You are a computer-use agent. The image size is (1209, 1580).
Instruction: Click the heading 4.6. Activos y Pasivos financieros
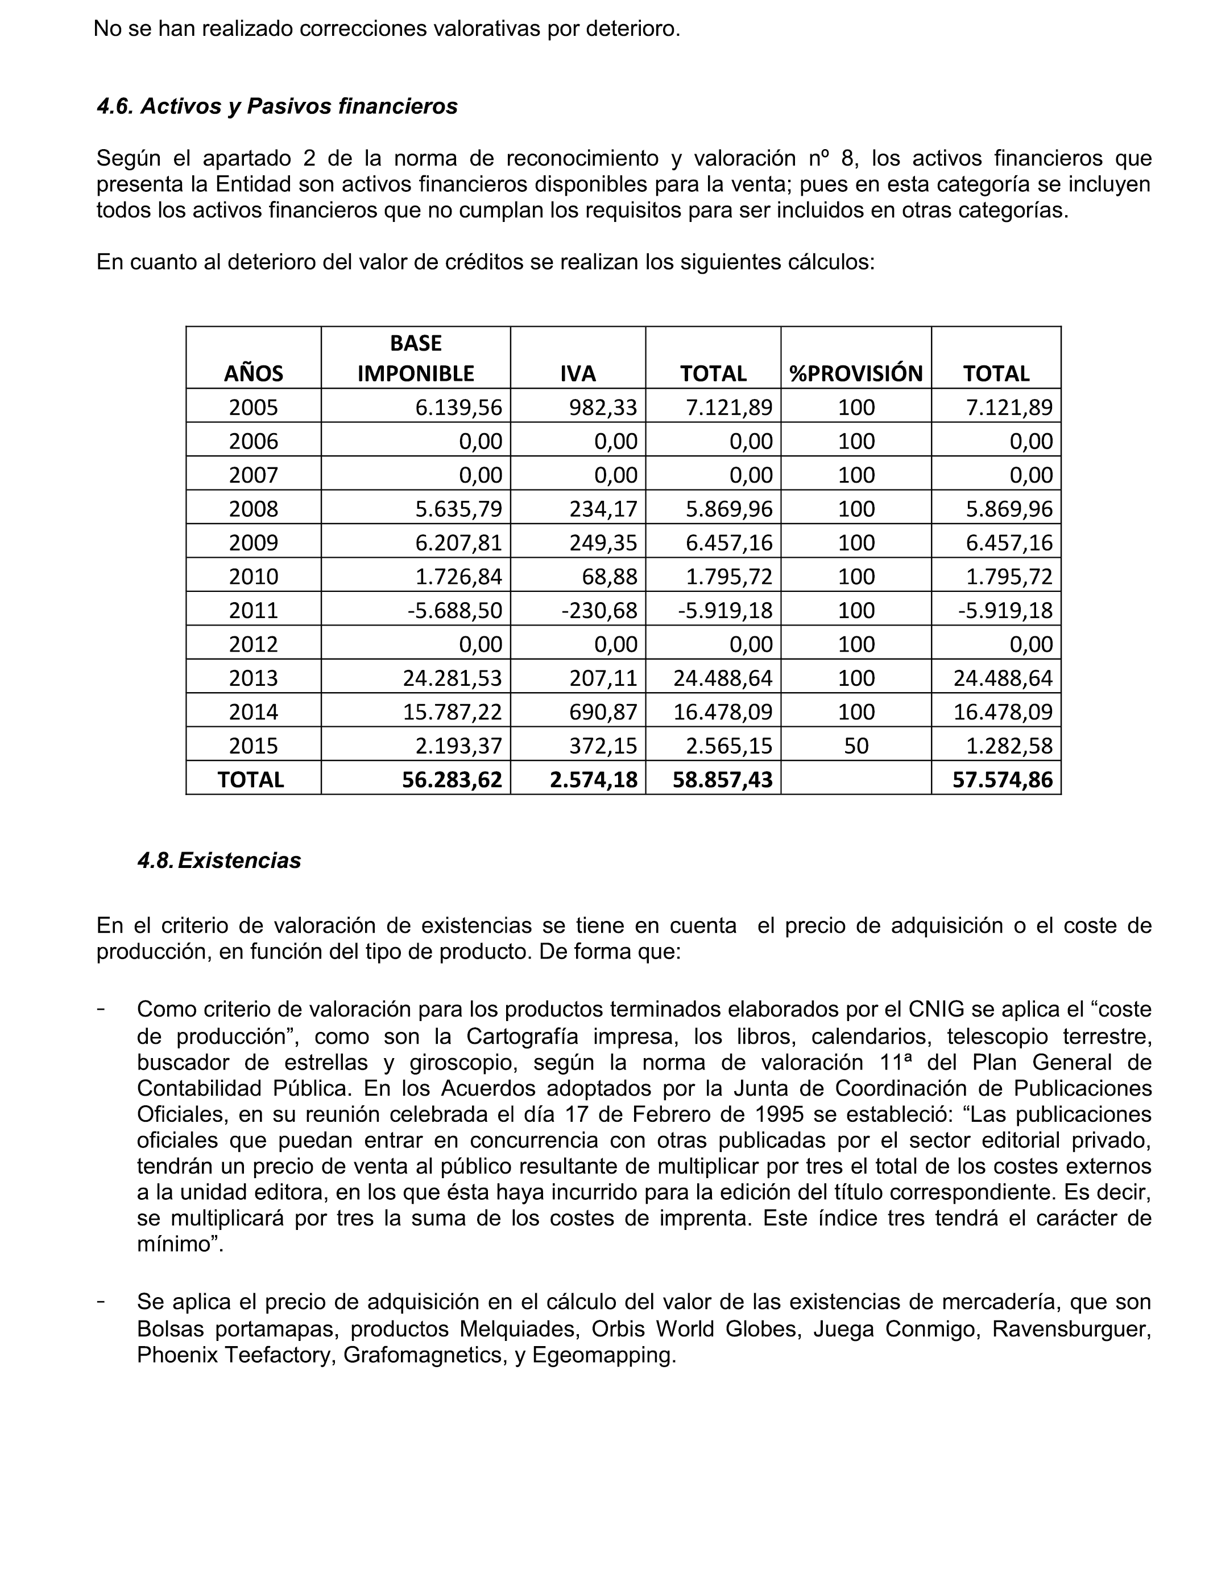pyautogui.click(x=277, y=106)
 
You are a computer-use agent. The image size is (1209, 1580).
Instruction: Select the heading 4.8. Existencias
pyautogui.click(x=220, y=861)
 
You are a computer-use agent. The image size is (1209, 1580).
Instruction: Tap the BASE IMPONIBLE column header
pyautogui.click(x=415, y=358)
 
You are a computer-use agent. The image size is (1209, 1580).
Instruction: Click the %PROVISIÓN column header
pyautogui.click(x=856, y=373)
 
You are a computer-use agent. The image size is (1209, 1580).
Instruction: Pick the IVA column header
pyautogui.click(x=578, y=373)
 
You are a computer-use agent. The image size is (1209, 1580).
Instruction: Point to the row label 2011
pyautogui.click(x=253, y=611)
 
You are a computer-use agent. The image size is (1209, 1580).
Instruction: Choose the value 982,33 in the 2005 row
pyautogui.click(x=603, y=408)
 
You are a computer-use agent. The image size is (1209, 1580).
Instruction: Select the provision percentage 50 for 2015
pyautogui.click(x=856, y=746)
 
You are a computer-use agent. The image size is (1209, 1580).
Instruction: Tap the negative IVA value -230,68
pyautogui.click(x=599, y=611)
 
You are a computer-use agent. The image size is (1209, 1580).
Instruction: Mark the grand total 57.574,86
pyautogui.click(x=1003, y=779)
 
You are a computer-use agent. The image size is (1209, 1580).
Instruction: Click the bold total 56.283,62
pyautogui.click(x=452, y=779)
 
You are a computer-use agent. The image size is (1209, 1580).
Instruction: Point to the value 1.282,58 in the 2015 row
pyautogui.click(x=1009, y=746)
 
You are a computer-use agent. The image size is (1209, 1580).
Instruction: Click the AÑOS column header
pyautogui.click(x=253, y=373)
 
